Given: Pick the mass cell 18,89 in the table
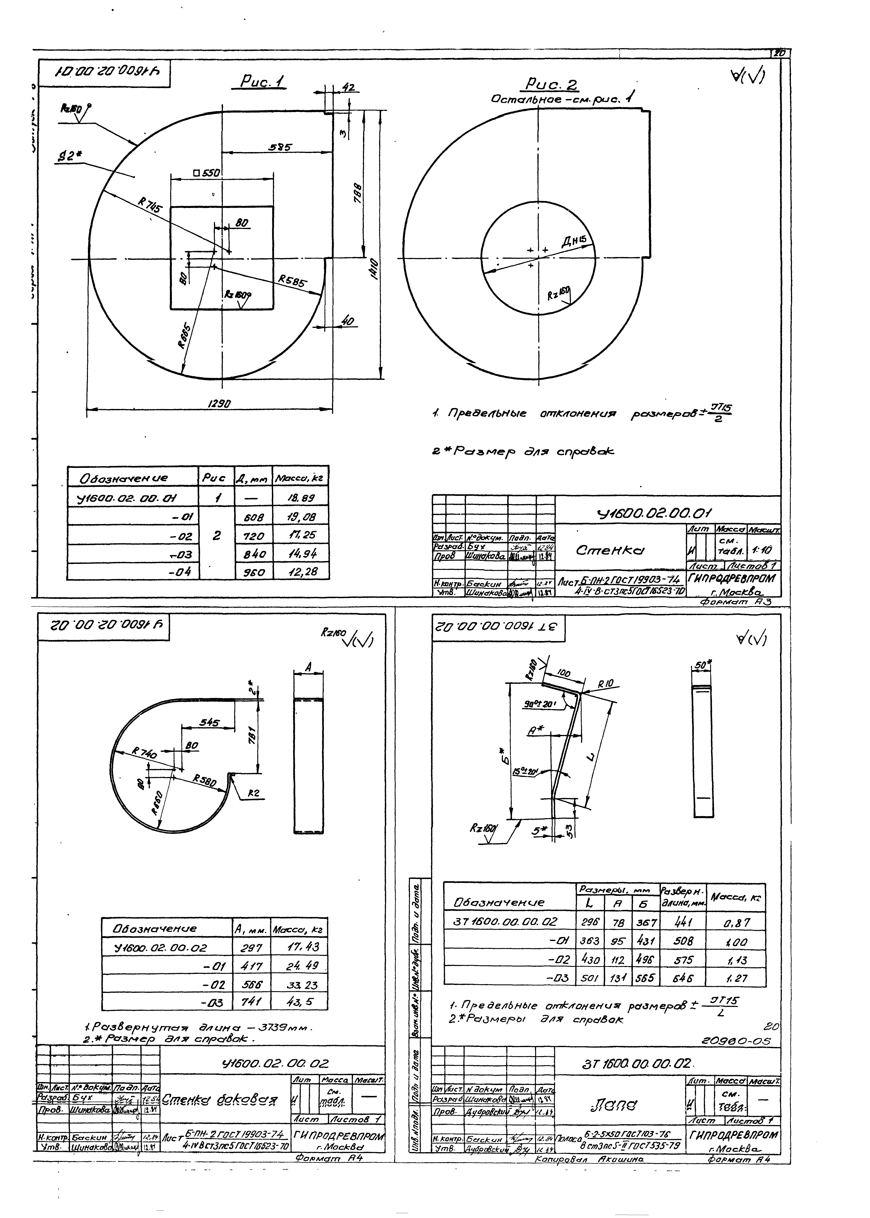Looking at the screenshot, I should pos(301,498).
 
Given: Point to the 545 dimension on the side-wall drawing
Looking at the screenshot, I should pos(210,723).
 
